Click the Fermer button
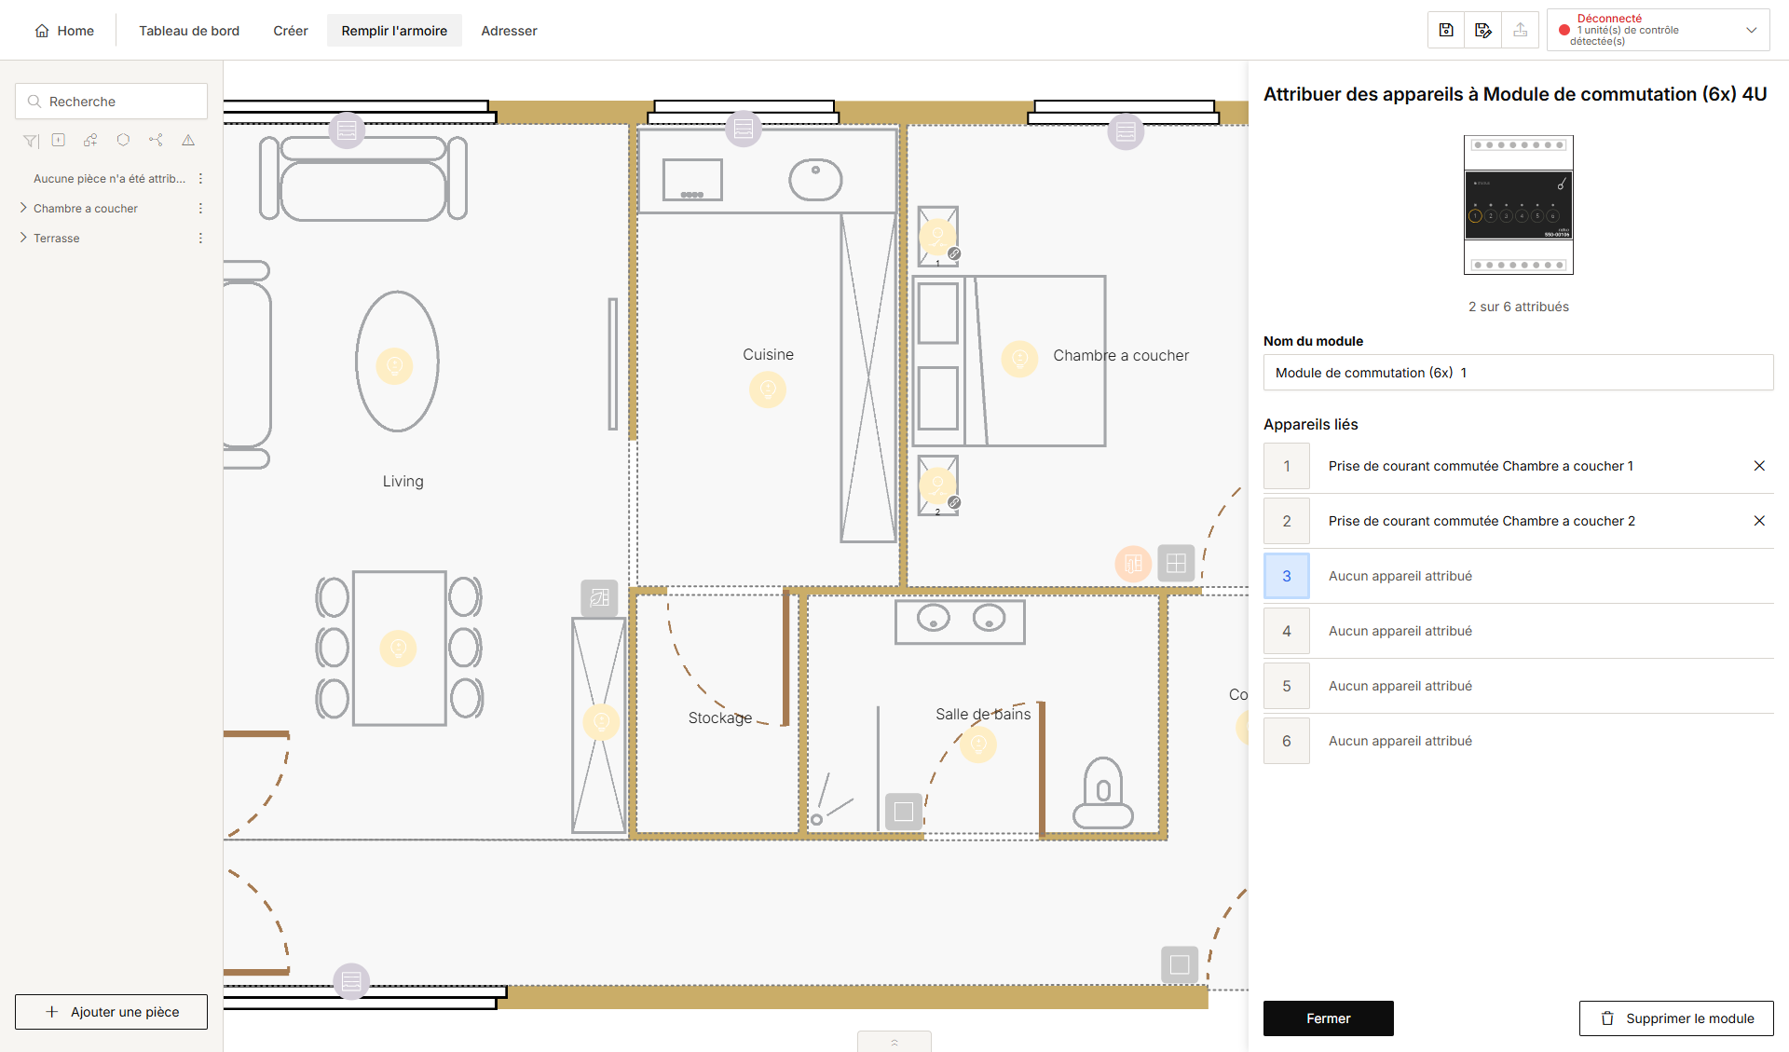[1328, 1018]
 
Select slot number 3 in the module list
[1287, 576]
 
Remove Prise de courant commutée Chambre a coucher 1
[1759, 466]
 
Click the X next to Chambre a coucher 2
[1759, 521]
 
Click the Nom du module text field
[1518, 373]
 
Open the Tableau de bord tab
[189, 31]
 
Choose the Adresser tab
[509, 31]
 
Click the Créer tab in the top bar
[291, 31]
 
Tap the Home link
[64, 31]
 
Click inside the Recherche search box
[111, 102]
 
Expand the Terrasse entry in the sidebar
[23, 238]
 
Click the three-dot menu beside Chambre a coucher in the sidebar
[200, 208]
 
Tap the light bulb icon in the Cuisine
[768, 389]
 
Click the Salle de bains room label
[983, 714]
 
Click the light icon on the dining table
[399, 648]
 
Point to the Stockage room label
[720, 717]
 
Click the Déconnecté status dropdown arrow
[1752, 30]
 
